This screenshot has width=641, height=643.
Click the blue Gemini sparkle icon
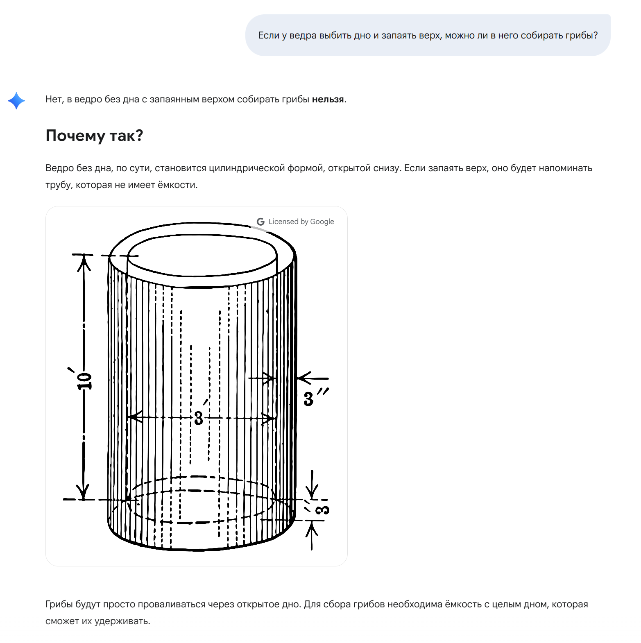pyautogui.click(x=16, y=101)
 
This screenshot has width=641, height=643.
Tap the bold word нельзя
pyautogui.click(x=328, y=100)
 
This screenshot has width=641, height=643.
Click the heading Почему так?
pyautogui.click(x=94, y=136)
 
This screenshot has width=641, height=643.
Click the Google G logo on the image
pyautogui.click(x=260, y=222)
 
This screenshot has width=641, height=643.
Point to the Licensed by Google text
pyautogui.click(x=301, y=222)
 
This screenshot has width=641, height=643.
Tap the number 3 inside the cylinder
pyautogui.click(x=199, y=418)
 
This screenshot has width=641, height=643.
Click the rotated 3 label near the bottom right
pyautogui.click(x=323, y=509)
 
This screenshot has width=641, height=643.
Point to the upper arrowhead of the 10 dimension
pyautogui.click(x=84, y=262)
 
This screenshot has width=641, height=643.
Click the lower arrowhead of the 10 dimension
pyautogui.click(x=84, y=491)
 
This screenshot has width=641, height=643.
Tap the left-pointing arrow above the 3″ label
pyautogui.click(x=305, y=378)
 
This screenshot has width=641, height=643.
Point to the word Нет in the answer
pyautogui.click(x=54, y=100)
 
